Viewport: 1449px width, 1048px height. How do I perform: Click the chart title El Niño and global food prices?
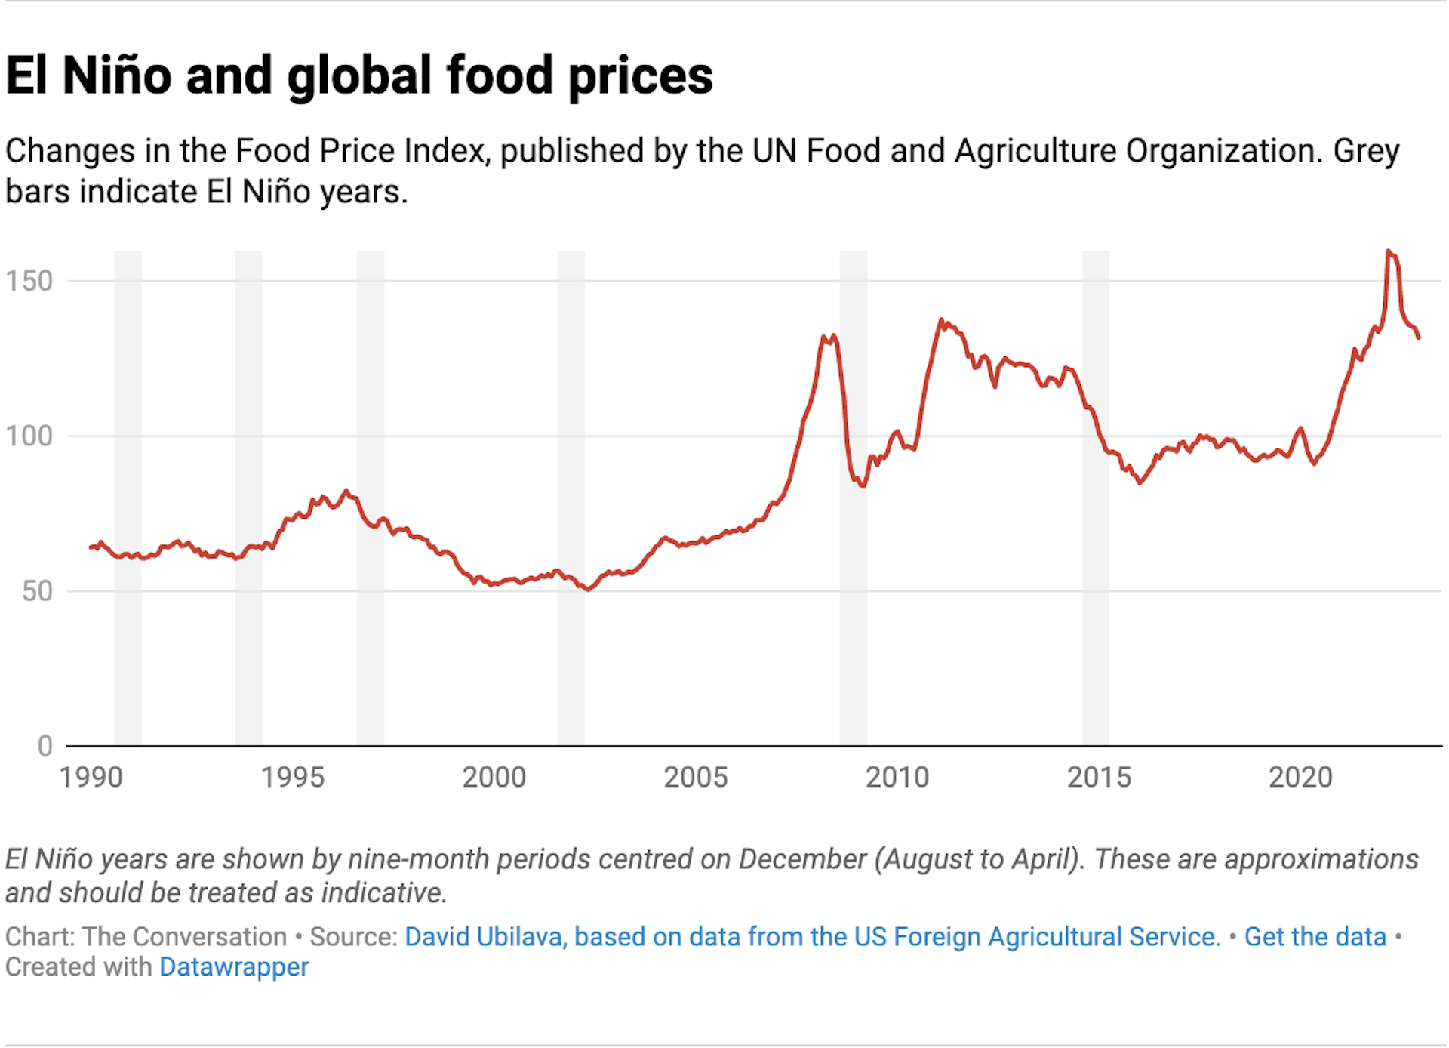coord(359,76)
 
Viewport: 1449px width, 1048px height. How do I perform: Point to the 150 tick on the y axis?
coord(29,281)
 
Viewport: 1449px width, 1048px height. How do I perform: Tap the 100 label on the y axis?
coord(29,436)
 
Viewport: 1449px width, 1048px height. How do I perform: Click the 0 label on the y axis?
coord(45,746)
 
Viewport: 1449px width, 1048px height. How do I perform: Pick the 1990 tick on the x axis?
coord(91,777)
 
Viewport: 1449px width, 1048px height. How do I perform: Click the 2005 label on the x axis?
coord(695,777)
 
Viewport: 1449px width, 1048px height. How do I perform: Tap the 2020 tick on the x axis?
coord(1300,777)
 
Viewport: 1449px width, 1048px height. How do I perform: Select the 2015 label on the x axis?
coord(1098,777)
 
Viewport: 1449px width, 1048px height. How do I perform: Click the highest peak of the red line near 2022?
coord(1388,251)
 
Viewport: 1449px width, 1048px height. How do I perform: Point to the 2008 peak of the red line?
coord(824,338)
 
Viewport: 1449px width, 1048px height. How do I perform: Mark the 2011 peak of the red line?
coord(941,320)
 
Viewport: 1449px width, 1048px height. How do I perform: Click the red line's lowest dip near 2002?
coord(587,589)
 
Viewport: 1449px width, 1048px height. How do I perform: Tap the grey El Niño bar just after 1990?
coord(128,498)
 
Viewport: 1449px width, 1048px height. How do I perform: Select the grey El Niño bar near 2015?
coord(1095,498)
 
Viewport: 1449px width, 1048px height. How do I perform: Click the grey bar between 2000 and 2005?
coord(571,498)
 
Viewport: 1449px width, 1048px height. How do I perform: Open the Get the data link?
coord(1315,936)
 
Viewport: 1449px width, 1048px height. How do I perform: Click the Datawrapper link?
coord(234,967)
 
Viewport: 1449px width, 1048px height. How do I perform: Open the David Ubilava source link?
coord(812,936)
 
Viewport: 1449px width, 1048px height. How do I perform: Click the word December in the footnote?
coord(801,859)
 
